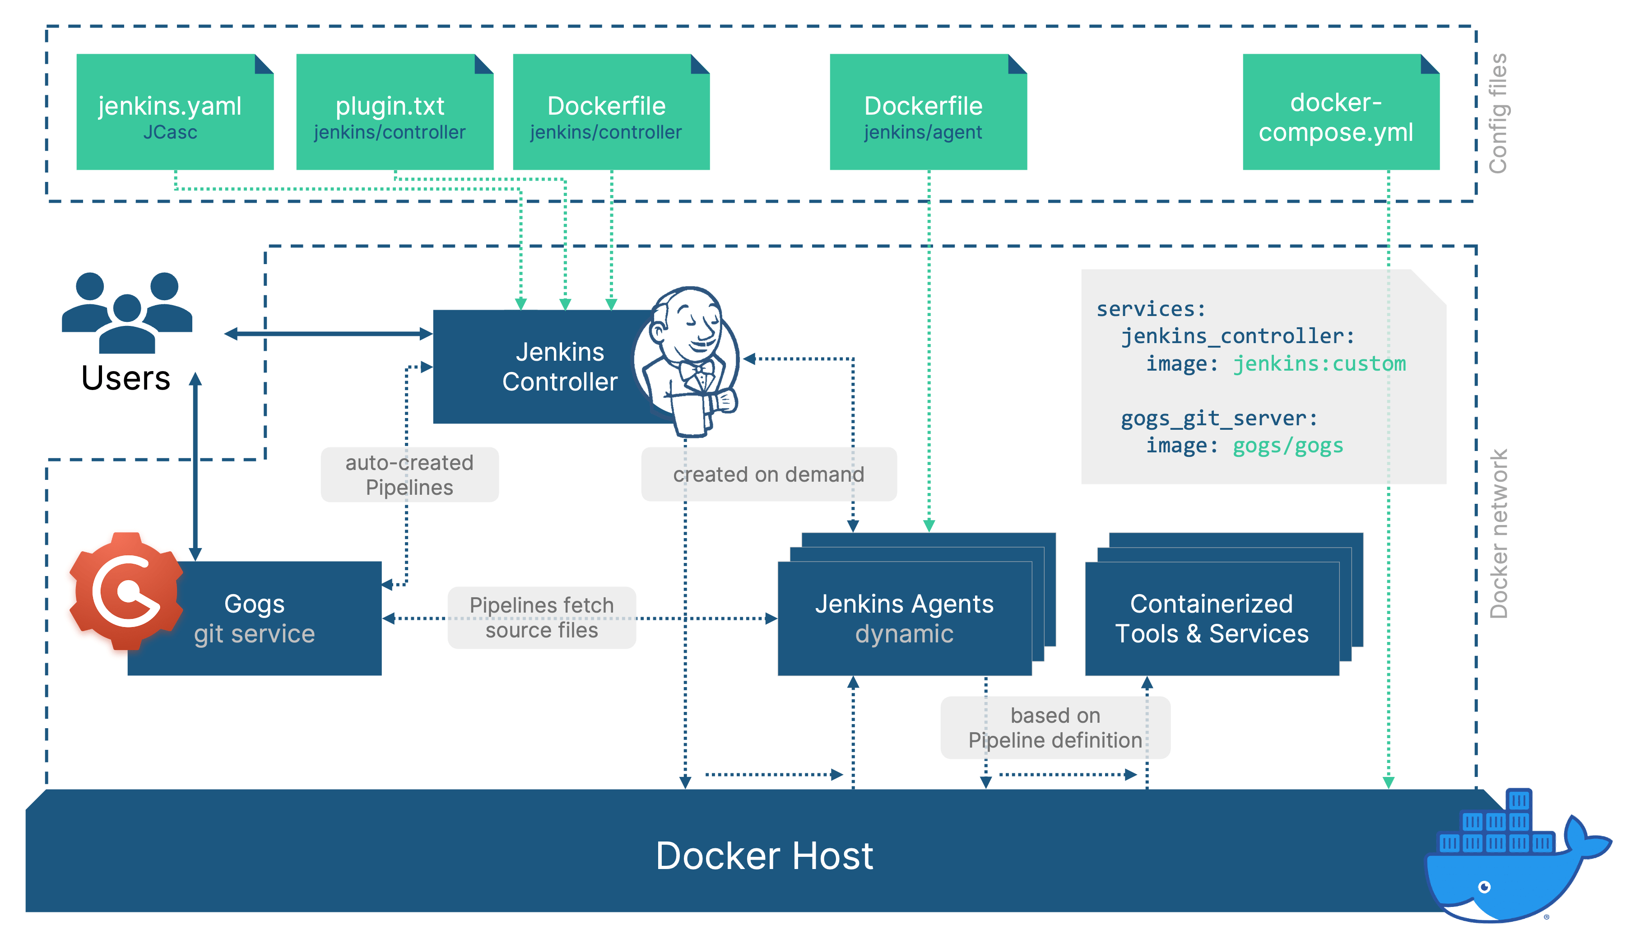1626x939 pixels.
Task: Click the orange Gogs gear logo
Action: click(x=126, y=590)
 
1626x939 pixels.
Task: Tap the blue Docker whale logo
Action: click(x=1509, y=864)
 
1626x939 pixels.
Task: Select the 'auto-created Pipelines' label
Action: click(x=409, y=474)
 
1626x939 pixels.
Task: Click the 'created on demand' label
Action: click(x=768, y=474)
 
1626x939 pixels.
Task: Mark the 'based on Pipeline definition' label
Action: click(x=1055, y=727)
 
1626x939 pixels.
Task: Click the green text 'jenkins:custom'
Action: click(x=1319, y=364)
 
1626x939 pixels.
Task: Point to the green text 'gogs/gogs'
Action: click(x=1287, y=446)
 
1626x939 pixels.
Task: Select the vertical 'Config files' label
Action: click(x=1498, y=113)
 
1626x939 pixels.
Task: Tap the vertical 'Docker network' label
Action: click(x=1498, y=534)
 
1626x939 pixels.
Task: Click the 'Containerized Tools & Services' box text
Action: click(x=1212, y=618)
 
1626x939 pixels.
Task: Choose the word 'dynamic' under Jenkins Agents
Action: click(x=904, y=634)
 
